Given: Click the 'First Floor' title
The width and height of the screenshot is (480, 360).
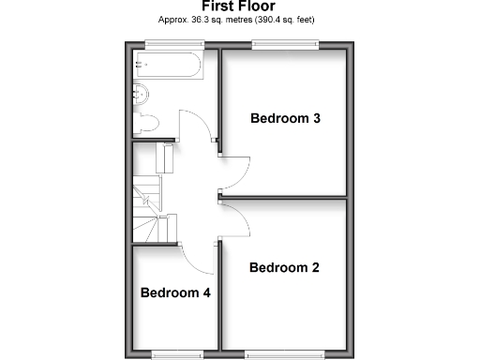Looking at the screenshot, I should pyautogui.click(x=240, y=7).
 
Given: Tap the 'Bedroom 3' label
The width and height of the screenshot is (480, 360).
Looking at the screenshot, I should pyautogui.click(x=285, y=118).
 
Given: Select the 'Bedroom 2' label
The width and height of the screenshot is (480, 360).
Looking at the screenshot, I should pyautogui.click(x=284, y=267).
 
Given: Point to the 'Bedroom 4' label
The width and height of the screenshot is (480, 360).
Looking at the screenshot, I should pyautogui.click(x=175, y=292).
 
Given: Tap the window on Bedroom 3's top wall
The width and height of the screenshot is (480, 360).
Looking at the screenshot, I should pyautogui.click(x=285, y=43).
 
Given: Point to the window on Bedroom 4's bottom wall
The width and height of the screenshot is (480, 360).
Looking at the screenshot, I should pyautogui.click(x=175, y=354).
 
